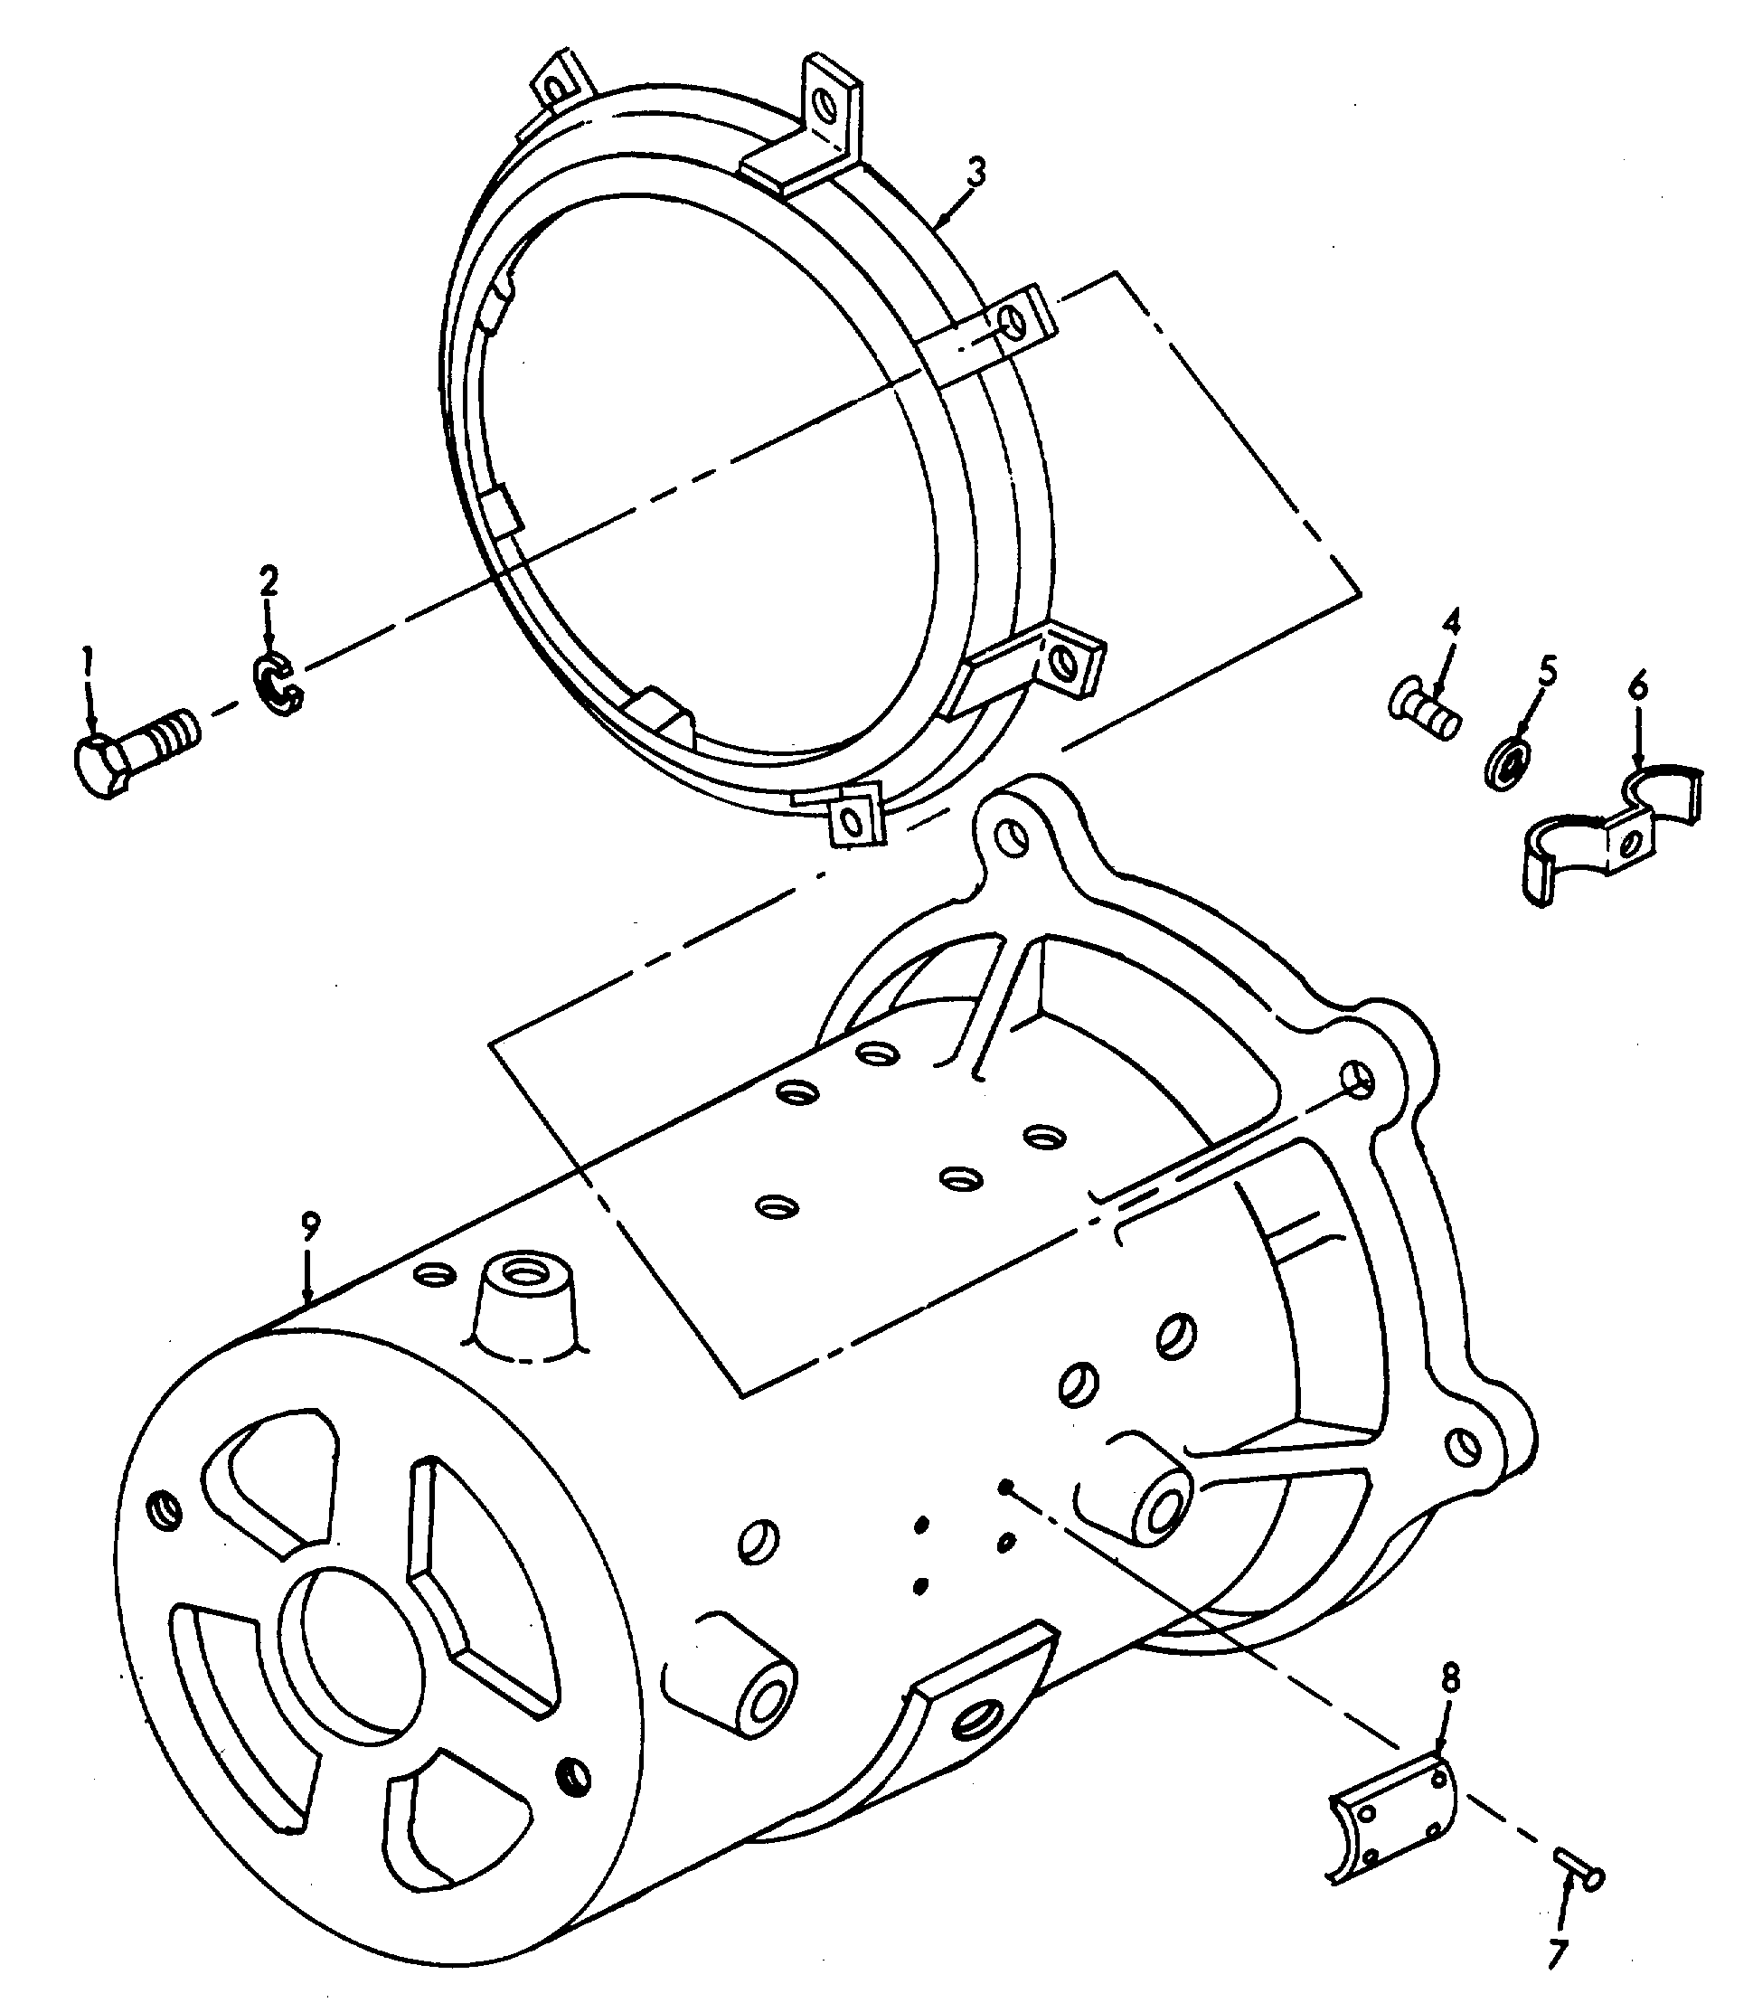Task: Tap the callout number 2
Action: [268, 581]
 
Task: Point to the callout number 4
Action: [1451, 622]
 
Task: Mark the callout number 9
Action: [310, 1225]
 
